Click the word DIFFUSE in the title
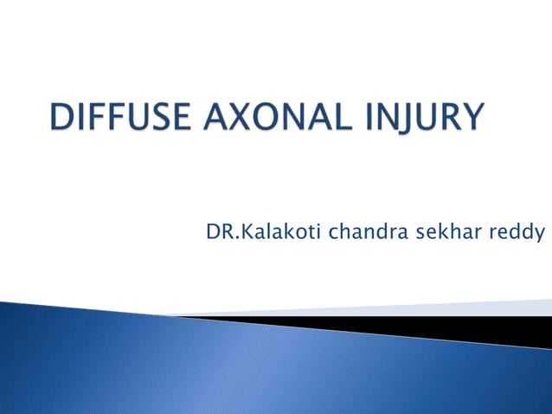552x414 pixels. pos(124,117)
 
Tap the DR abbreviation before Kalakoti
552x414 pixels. pos(216,233)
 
